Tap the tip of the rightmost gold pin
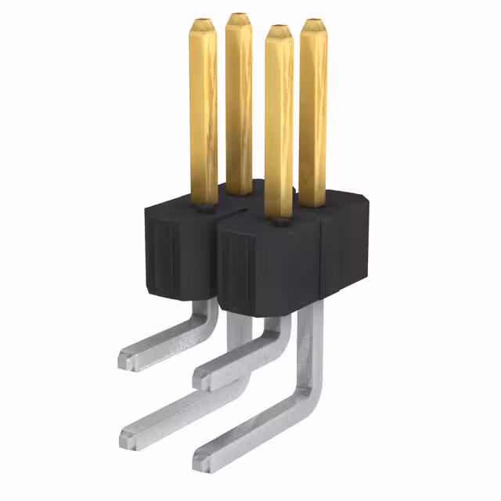pos(313,22)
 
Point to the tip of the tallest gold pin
pos(239,16)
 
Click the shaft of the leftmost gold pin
pos(204,110)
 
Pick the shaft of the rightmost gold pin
pos(313,110)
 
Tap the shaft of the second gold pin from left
pos(239,102)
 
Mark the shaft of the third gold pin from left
pos(278,125)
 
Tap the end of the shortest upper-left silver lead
pos(125,360)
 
